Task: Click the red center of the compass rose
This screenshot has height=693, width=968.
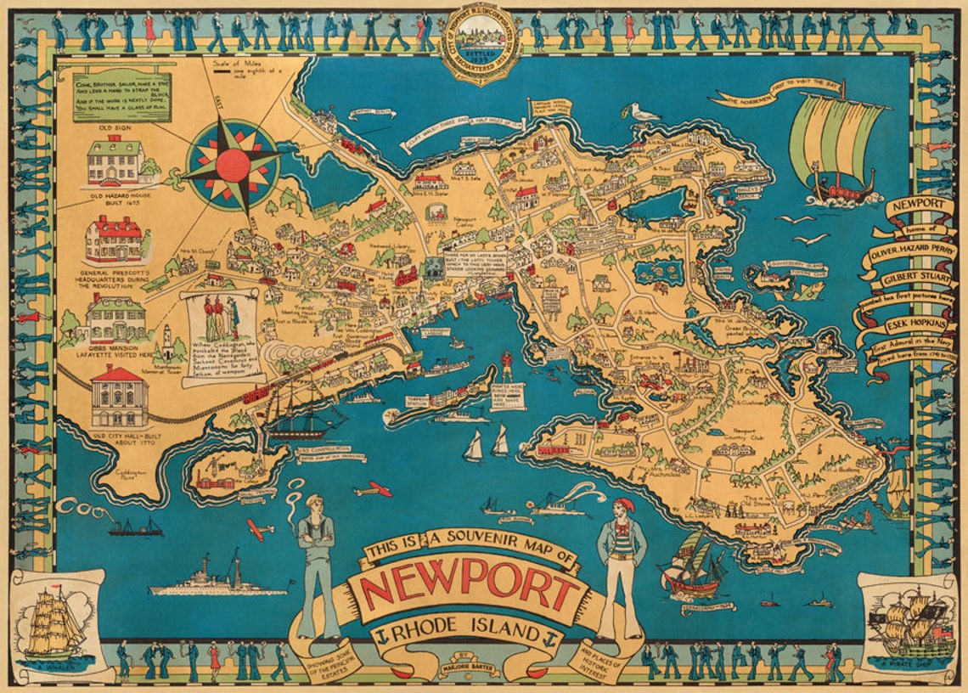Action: click(x=232, y=165)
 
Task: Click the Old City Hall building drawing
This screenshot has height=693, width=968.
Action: click(x=119, y=396)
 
